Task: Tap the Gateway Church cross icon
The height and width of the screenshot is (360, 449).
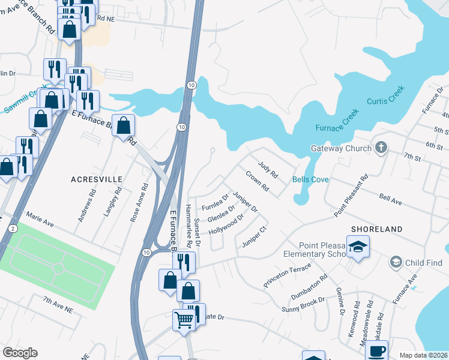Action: tap(380, 148)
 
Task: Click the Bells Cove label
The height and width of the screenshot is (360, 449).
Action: tap(310, 179)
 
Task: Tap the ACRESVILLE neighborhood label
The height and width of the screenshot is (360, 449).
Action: tap(97, 179)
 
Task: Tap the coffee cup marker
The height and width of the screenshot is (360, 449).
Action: tap(376, 351)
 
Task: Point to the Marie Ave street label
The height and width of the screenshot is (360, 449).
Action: tap(40, 220)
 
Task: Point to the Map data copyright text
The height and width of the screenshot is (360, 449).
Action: tap(423, 355)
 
